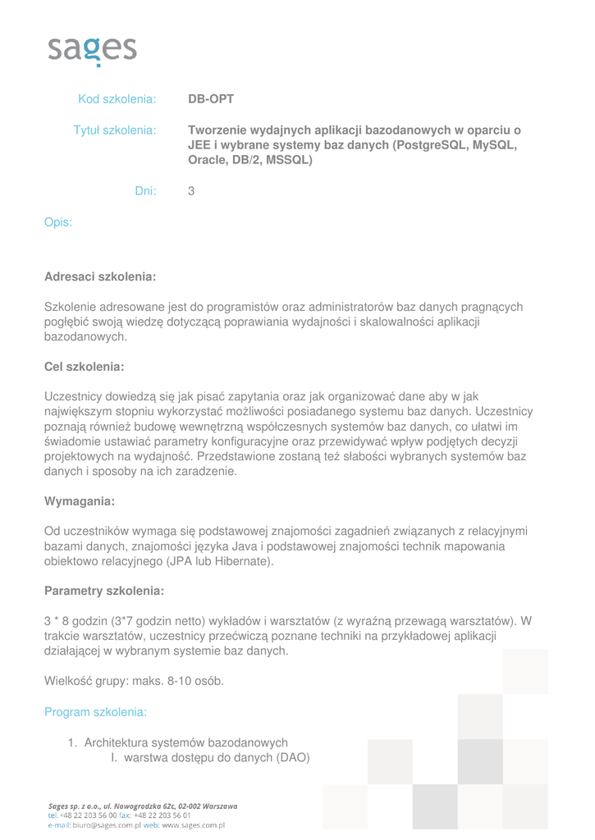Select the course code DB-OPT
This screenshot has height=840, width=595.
(211, 99)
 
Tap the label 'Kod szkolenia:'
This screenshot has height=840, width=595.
(117, 99)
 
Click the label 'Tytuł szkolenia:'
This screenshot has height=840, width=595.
(115, 130)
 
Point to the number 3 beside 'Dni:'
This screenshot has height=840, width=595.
(191, 191)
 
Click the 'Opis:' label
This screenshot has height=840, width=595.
(57, 221)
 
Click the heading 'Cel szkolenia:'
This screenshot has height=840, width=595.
(84, 367)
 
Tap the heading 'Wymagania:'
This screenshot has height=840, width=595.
(80, 500)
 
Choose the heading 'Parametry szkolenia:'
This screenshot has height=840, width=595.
(104, 591)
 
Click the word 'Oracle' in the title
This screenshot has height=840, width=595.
(209, 160)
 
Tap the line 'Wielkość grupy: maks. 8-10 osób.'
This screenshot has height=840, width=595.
(134, 680)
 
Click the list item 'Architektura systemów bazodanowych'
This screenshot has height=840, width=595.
(186, 742)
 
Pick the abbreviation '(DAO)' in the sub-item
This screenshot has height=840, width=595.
(293, 757)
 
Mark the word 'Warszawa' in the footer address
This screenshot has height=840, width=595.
(214, 806)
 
